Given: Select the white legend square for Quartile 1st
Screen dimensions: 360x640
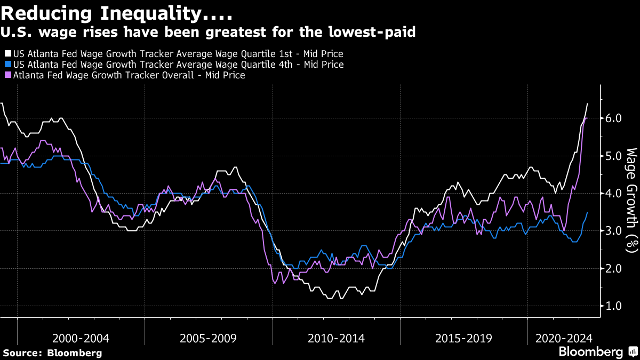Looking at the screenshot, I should click(7, 54).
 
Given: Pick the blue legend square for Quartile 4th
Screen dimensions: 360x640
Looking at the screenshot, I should click(7, 65).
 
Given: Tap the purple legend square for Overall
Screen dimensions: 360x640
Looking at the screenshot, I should click(7, 76).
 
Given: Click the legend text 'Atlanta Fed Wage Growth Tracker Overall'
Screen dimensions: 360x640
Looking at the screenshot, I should click(112, 76).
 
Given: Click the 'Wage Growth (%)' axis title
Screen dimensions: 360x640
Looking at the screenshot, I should click(631, 200).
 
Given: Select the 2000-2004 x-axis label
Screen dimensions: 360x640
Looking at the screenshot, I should click(81, 338).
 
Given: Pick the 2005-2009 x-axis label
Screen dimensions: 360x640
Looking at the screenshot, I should click(209, 338).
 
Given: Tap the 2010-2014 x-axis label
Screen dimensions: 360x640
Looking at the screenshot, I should click(336, 338).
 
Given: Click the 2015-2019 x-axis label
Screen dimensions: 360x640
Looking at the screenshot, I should click(463, 338).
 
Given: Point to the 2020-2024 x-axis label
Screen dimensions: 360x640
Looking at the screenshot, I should click(564, 338).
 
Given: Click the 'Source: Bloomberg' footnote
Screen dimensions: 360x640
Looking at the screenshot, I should click(52, 353).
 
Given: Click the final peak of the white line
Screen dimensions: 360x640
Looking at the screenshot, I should click(587, 103).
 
